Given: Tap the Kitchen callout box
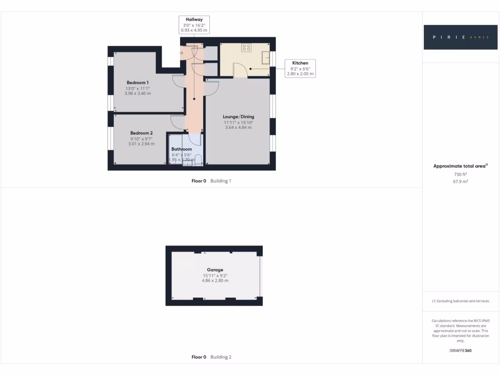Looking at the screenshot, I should [x=300, y=68].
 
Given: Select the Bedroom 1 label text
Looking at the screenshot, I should [x=138, y=83].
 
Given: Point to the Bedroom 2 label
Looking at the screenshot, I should [x=142, y=133].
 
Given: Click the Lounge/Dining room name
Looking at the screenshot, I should [x=238, y=117].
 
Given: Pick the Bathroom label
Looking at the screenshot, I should [x=182, y=149].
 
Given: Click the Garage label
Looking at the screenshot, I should [x=215, y=270].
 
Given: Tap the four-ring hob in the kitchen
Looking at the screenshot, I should [x=246, y=47].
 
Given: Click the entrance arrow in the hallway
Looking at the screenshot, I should [x=182, y=52].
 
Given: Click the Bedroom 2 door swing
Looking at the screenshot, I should [x=177, y=122].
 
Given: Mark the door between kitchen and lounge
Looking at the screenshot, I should [x=240, y=72].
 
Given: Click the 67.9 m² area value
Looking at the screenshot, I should [x=461, y=181].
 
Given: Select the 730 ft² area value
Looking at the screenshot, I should [x=461, y=174].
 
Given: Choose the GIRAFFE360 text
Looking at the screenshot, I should [x=460, y=351].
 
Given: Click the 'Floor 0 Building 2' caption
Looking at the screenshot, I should [x=211, y=357].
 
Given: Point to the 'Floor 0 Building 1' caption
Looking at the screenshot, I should [x=211, y=181].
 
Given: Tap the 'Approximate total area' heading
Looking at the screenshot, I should [x=460, y=166].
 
